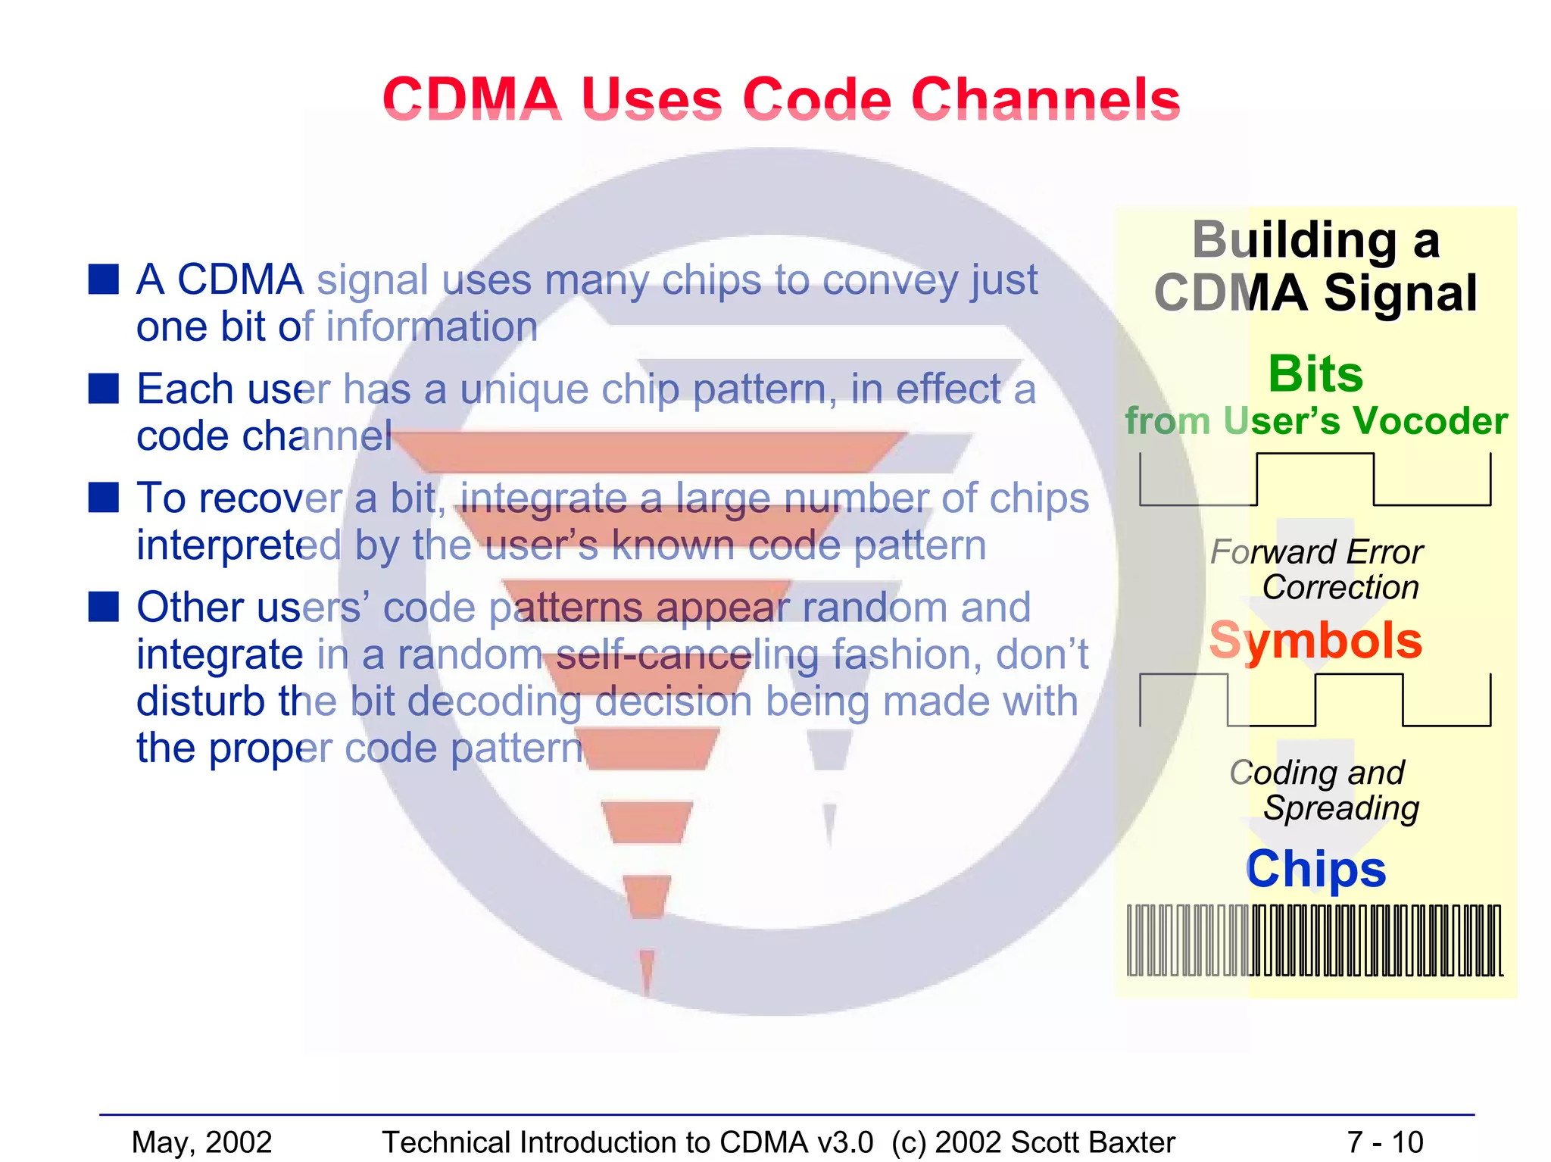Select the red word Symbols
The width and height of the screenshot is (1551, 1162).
pyautogui.click(x=1315, y=641)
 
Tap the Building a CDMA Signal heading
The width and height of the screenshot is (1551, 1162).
pyautogui.click(x=1315, y=266)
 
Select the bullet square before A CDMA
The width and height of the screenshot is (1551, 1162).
pyautogui.click(x=104, y=279)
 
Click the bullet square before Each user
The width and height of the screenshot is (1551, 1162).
pyautogui.click(x=104, y=388)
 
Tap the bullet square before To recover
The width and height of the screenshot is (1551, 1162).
pyautogui.click(x=104, y=498)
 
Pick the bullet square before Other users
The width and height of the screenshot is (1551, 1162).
pyautogui.click(x=104, y=606)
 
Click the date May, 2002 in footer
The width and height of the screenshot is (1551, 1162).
pyautogui.click(x=201, y=1142)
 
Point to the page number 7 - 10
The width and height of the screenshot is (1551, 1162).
pyautogui.click(x=1385, y=1142)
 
